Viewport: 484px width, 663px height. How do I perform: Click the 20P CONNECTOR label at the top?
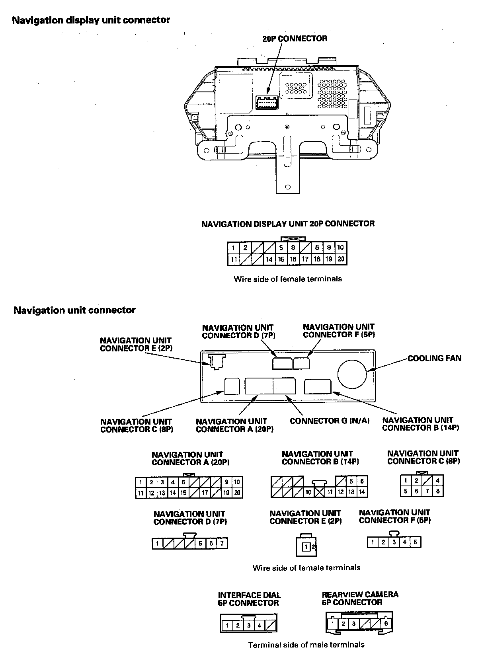click(295, 39)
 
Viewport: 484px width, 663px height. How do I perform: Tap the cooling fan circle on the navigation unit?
click(352, 374)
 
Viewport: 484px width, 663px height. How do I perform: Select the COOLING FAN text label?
click(434, 358)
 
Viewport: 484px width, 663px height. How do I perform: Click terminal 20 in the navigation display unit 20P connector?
click(341, 259)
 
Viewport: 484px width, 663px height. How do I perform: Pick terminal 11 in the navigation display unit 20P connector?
click(234, 259)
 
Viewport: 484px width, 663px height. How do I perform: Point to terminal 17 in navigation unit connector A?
click(205, 493)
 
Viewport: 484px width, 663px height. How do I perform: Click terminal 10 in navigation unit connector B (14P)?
click(308, 492)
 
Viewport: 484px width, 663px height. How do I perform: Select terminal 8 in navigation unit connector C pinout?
click(437, 491)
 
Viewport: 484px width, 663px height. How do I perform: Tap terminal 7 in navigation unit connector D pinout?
click(222, 544)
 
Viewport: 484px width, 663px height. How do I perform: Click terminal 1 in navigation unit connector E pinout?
click(306, 547)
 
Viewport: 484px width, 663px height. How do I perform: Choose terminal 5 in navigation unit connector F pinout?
click(415, 542)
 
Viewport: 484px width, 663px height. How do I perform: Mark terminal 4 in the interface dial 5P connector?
click(259, 625)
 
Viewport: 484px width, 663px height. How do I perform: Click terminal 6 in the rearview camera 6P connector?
click(386, 624)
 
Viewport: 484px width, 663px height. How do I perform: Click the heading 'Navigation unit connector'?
click(74, 310)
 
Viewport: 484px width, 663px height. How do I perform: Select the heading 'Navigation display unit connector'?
click(91, 20)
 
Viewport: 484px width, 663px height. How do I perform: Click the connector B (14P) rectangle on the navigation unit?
click(318, 386)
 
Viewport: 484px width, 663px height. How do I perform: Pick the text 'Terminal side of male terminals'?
click(306, 645)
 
